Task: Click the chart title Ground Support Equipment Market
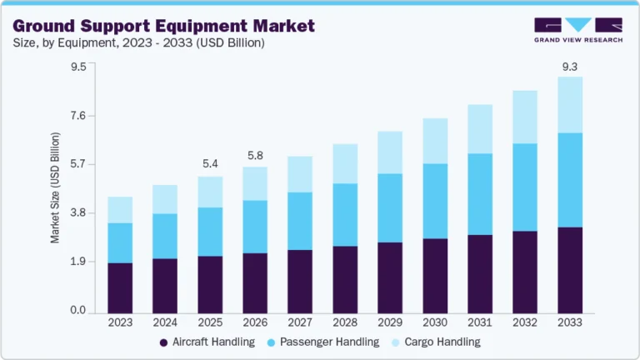tap(164, 26)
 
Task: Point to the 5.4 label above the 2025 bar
tap(210, 163)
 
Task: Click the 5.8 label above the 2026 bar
tap(255, 154)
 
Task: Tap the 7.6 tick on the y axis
tap(77, 116)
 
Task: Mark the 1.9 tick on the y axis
tap(77, 262)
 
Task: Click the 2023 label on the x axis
tap(120, 322)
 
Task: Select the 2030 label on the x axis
tap(435, 322)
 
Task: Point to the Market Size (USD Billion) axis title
tap(56, 187)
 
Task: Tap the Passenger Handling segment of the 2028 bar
tap(345, 214)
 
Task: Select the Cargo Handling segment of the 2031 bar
tap(480, 129)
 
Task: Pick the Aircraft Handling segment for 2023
tap(120, 287)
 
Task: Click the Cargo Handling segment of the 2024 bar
tap(165, 199)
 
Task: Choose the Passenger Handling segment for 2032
tap(525, 187)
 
